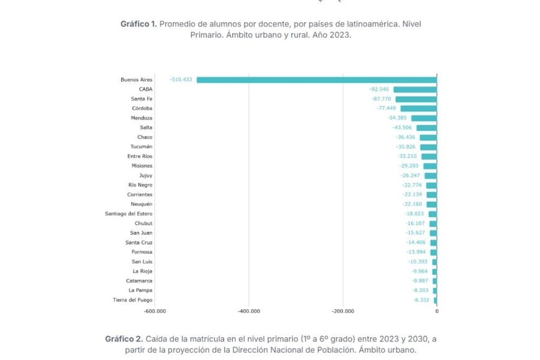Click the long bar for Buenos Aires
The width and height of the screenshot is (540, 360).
[x=317, y=79]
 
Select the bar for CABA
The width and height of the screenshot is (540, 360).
[x=415, y=89]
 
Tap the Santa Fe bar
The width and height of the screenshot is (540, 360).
[x=416, y=99]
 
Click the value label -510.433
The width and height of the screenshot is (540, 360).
[x=181, y=79]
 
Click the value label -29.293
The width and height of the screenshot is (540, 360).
[x=410, y=166]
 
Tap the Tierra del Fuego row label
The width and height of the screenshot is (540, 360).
[x=132, y=300]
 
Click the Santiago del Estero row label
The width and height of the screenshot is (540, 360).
[x=128, y=214]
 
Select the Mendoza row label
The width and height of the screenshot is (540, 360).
[x=142, y=118]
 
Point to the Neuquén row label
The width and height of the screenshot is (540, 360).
[x=141, y=204]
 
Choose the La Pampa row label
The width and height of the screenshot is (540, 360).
[x=140, y=290]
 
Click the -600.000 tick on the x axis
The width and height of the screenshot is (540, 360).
[x=155, y=312]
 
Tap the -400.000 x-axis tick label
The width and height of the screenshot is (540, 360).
[x=248, y=312]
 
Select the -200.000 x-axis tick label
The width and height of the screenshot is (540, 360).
[x=343, y=312]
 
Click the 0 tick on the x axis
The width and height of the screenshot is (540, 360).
[x=436, y=312]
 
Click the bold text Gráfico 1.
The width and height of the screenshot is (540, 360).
[x=138, y=24]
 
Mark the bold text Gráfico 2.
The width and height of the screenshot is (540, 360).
[x=123, y=339]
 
